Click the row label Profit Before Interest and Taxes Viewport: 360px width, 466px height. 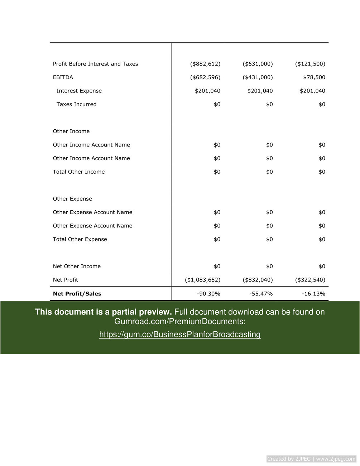[95, 64]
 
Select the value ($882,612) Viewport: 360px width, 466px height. [205, 64]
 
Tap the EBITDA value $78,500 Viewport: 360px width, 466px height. [314, 77]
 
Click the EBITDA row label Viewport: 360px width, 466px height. [63, 77]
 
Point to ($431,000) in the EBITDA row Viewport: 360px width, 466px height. [258, 77]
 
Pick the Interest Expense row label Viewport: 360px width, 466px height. [79, 91]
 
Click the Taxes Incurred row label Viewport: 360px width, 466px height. [76, 104]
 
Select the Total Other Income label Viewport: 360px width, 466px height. [79, 172]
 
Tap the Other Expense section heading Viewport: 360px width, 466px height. [72, 199]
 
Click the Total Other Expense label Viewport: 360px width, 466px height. [80, 239]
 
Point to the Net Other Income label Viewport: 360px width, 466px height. [77, 266]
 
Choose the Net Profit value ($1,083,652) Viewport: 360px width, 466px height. [202, 280]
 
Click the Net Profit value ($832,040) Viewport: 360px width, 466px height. [258, 280]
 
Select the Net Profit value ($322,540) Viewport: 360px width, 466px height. [310, 280]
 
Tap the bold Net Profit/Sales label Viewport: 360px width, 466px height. [77, 294]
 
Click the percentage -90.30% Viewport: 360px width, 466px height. [208, 294]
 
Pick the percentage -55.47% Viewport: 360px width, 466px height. [261, 294]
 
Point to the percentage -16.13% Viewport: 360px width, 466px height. [313, 294]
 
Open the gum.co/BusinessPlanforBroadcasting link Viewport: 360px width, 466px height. [180, 335]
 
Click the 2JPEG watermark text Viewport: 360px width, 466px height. [311, 459]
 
